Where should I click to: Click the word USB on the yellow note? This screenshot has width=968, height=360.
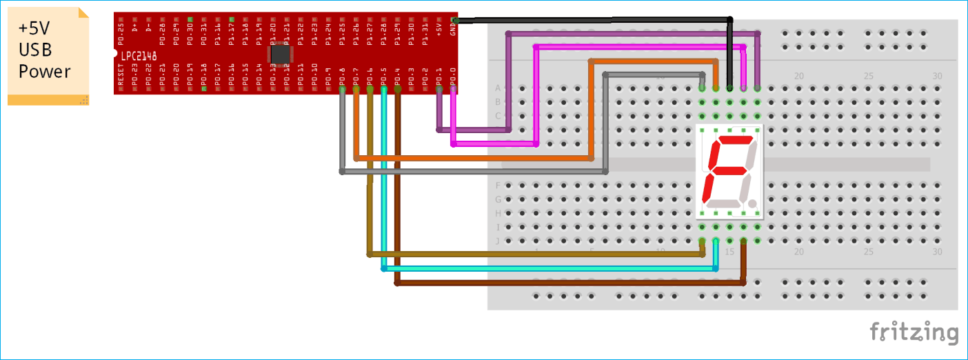[x=35, y=50]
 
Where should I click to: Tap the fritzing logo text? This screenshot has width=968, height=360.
[x=914, y=332]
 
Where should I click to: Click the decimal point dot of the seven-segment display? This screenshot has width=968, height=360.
[x=752, y=204]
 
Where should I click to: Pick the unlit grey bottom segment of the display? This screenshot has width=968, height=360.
[x=724, y=203]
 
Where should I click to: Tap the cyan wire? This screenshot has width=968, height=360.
[x=552, y=268]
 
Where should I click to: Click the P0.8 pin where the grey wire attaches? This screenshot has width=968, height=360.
[x=342, y=88]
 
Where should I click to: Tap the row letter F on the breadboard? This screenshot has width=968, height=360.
[x=498, y=186]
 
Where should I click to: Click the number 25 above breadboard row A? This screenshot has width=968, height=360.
[x=868, y=77]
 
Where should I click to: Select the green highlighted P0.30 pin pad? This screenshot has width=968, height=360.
[x=190, y=19]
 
